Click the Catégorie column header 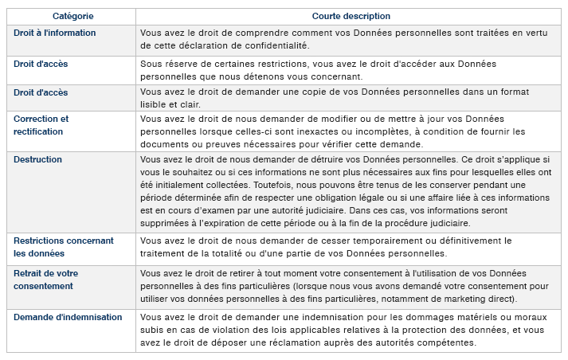pyautogui.click(x=71, y=16)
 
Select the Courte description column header pyautogui.click(x=351, y=16)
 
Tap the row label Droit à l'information pyautogui.click(x=55, y=33)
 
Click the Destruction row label pyautogui.click(x=37, y=159)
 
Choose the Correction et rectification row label pyautogui.click(x=41, y=125)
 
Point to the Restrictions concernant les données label pyautogui.click(x=64, y=247)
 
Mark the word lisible pyautogui.click(x=156, y=104)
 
